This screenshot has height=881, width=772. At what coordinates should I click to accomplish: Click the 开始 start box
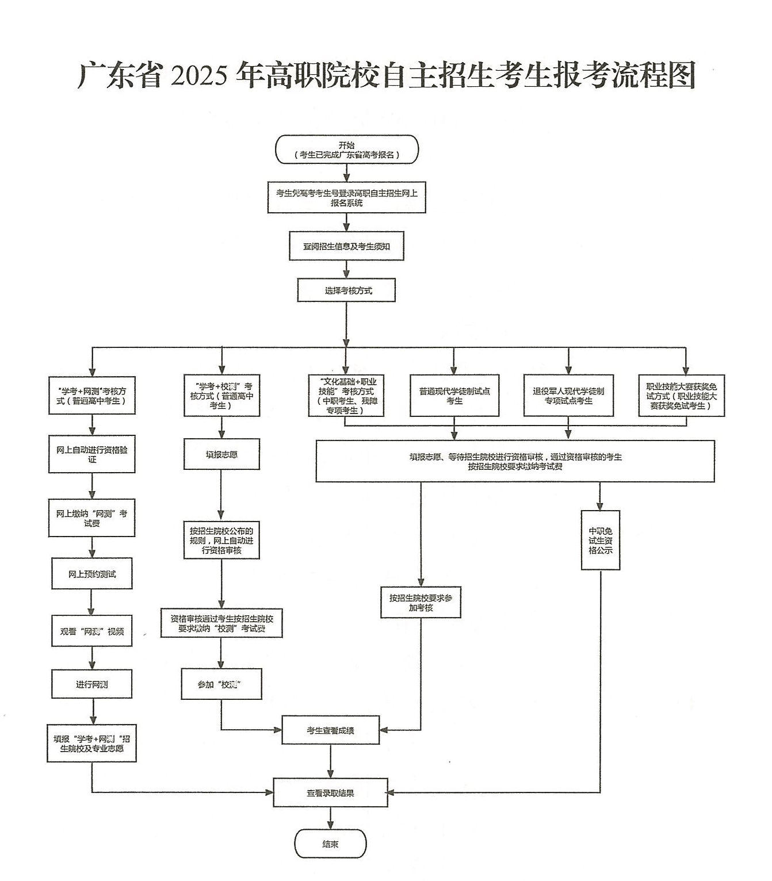(x=346, y=150)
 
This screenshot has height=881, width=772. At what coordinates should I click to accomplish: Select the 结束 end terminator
(x=330, y=844)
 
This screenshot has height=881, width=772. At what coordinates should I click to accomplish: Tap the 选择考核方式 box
(x=346, y=290)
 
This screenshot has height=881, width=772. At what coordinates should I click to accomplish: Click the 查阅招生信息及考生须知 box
(x=346, y=246)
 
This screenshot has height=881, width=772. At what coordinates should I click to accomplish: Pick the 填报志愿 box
(x=221, y=454)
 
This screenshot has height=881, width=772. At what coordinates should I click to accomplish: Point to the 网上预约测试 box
(x=92, y=573)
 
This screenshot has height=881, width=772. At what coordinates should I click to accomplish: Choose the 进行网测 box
(x=92, y=684)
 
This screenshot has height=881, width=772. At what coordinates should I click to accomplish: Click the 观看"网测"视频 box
(x=92, y=631)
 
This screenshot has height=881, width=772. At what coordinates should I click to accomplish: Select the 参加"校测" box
(x=221, y=684)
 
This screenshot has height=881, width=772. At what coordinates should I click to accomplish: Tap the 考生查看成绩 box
(x=330, y=730)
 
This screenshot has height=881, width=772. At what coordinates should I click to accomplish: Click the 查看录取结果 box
(x=330, y=793)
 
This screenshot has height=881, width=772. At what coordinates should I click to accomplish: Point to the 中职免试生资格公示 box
(x=600, y=541)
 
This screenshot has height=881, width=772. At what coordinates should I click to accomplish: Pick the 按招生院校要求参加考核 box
(x=421, y=602)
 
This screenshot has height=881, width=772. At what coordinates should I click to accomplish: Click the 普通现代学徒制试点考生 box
(x=454, y=396)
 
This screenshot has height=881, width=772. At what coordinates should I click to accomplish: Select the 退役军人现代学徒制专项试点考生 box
(x=568, y=396)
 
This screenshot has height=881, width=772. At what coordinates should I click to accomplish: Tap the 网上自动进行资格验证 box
(x=92, y=454)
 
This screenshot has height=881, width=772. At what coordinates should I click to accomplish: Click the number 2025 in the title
(x=199, y=75)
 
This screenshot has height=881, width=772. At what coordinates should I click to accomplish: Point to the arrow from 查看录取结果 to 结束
(x=330, y=818)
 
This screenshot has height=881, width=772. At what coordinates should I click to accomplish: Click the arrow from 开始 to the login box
(x=346, y=173)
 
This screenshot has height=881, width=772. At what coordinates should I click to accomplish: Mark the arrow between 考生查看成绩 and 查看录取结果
(x=330, y=761)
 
